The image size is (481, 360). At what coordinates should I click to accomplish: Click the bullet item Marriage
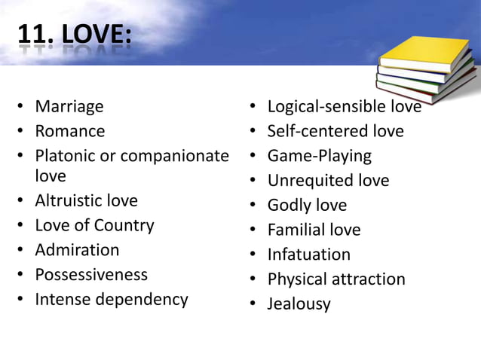coord(69,107)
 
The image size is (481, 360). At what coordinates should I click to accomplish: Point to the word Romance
coord(70,131)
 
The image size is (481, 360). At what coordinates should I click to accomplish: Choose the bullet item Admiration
coord(77,250)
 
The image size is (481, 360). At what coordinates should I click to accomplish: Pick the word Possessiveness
coord(91,274)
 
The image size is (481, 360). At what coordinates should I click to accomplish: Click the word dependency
coord(142,299)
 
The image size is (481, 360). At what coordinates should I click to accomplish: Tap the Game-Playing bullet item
coord(320,156)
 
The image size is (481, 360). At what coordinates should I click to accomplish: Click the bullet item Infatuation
coord(309,255)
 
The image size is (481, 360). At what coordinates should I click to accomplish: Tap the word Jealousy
coord(299,304)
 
